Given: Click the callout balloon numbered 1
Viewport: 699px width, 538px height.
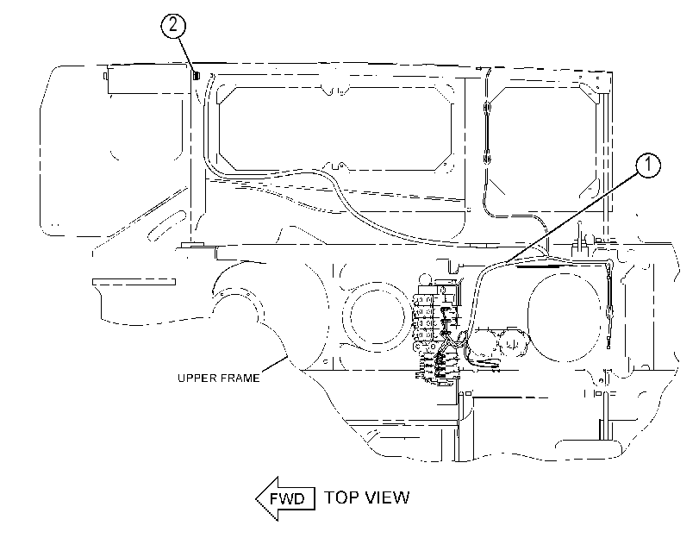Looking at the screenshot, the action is (x=648, y=166).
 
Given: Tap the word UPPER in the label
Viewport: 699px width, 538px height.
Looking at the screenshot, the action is (x=195, y=378).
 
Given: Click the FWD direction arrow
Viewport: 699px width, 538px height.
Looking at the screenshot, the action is (x=286, y=498).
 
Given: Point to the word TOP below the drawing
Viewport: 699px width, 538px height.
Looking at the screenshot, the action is (x=339, y=497).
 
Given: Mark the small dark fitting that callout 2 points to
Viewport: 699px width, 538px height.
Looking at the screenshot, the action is (x=197, y=75).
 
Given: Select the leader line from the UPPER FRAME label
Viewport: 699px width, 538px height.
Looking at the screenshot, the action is (x=274, y=364).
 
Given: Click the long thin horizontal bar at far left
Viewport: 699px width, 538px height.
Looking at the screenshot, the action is (x=134, y=282).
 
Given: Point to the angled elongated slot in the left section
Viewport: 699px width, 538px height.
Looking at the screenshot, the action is (x=165, y=226).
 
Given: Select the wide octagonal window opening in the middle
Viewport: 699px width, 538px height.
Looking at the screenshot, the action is (x=335, y=128).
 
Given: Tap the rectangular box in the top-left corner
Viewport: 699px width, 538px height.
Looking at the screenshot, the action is (x=148, y=79).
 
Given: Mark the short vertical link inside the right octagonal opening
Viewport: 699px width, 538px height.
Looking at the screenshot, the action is (x=487, y=133).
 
